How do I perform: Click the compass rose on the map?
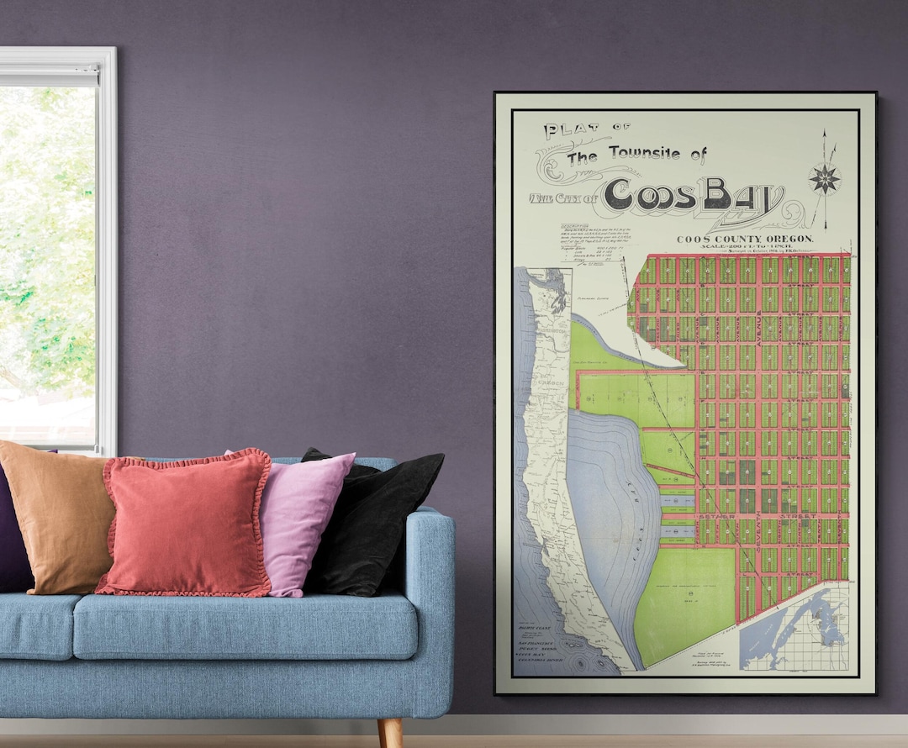[x=824, y=178]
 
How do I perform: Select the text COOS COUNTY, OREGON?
[x=745, y=239]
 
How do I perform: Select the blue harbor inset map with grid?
[x=793, y=629]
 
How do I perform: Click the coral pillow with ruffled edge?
[x=187, y=523]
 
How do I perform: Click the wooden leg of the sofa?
[x=389, y=731]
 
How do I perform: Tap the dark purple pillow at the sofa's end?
[x=12, y=529]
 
